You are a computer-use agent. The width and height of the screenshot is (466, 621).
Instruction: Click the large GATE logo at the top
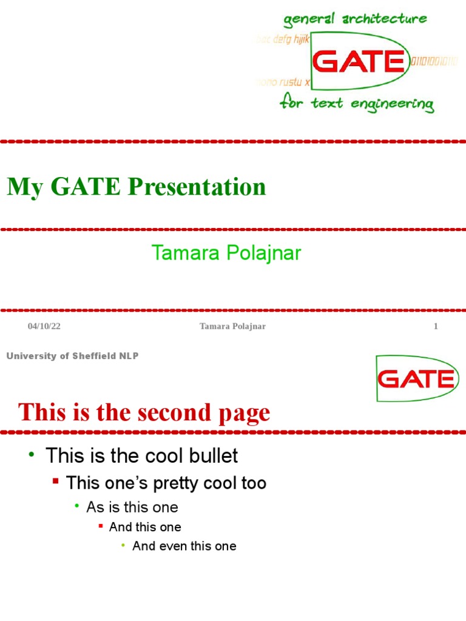(359, 62)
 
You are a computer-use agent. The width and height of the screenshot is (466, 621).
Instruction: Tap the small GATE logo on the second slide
(415, 379)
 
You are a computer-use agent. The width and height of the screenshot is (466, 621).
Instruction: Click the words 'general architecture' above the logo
(356, 19)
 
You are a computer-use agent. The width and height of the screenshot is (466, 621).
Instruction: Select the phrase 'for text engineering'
(357, 104)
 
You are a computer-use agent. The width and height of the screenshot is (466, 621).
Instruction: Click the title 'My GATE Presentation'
(137, 187)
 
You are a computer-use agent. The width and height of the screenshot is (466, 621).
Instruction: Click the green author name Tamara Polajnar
(226, 253)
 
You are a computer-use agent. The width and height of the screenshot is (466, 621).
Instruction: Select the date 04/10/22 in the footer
(44, 326)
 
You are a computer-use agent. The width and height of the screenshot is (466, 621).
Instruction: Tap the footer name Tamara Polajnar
(233, 326)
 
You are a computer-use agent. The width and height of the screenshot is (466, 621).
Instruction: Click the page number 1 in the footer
(435, 326)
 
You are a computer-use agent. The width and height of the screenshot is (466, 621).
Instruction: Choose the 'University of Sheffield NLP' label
(72, 356)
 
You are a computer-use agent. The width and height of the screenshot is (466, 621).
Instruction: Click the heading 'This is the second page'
(144, 413)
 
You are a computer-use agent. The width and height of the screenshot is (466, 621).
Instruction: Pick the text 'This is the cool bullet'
(142, 455)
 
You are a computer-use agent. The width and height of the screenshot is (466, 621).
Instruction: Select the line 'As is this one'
(132, 507)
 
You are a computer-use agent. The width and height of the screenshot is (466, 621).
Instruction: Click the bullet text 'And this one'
(145, 527)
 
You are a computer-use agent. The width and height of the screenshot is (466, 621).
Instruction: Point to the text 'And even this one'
(184, 546)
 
